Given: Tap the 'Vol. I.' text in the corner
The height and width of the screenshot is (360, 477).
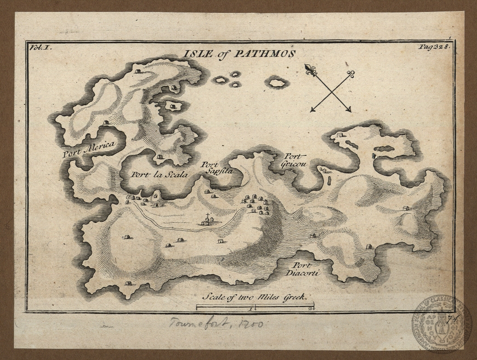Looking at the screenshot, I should pos(40,46).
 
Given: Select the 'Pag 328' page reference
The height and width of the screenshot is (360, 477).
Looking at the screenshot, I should pos(435,46).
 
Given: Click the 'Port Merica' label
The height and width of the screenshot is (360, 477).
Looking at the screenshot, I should pos(90,149).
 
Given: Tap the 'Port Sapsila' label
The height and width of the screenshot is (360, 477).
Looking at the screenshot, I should pos(217,168).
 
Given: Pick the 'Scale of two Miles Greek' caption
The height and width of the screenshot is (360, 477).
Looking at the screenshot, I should pos(254,297).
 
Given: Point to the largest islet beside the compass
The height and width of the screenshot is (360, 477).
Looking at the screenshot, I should pos(277,83).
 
